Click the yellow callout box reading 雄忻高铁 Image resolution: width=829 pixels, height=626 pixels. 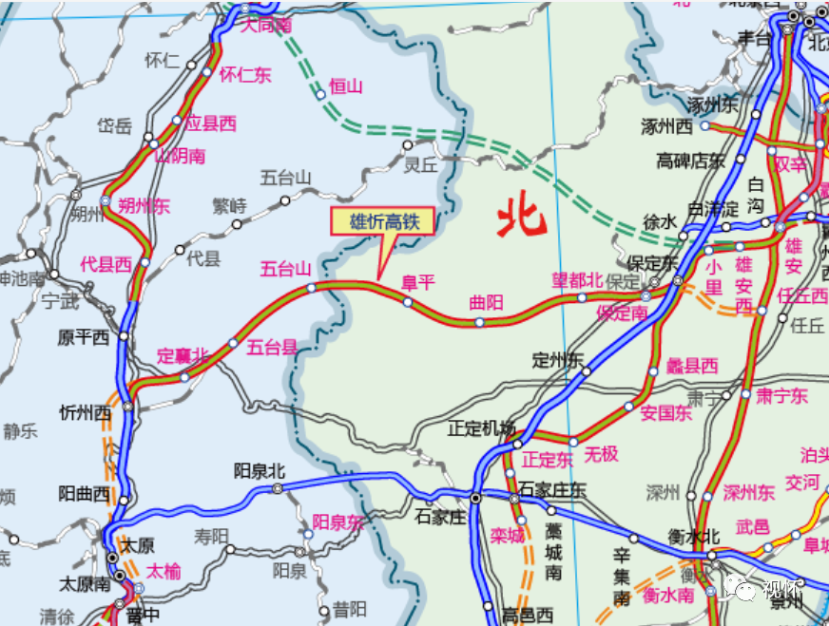pos(382,222)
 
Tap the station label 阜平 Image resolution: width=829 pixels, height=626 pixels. pos(417,282)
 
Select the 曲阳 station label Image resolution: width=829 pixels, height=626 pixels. pos(486,303)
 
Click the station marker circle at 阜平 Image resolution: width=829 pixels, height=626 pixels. pos(408,302)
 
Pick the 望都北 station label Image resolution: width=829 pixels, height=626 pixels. pos(578,279)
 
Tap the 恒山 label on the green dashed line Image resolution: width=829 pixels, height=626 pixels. pos(346,86)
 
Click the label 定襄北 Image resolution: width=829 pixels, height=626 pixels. pos(183,356)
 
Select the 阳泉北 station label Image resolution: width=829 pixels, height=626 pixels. pos(259,470)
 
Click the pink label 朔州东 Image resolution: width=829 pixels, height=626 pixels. pos(145,205)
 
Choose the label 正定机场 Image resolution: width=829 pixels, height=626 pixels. pos(481,428)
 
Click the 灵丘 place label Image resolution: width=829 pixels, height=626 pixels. pos(421,163)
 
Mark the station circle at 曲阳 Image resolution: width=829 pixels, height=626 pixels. pos(479,323)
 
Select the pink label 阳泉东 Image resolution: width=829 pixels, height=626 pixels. pos(338,522)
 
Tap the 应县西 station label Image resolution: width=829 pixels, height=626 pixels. pos(210,123)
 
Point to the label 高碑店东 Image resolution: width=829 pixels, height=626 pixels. pos(690,161)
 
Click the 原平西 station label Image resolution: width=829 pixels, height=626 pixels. pos(84,337)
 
